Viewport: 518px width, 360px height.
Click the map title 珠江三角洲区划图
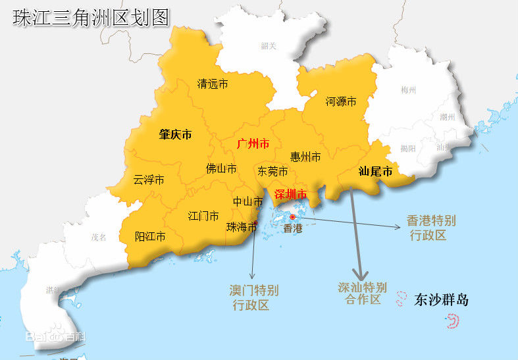pos(91,18)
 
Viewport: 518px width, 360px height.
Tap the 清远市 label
pos(213,84)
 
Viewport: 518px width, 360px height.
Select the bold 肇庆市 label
pos(175,134)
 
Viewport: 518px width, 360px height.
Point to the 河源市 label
pos(341,102)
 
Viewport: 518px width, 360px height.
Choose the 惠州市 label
pos(305,157)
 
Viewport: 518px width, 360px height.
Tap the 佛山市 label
pos(221,168)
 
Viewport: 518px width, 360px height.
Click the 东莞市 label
pos(272,171)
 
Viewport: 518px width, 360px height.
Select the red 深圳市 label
pos(290,194)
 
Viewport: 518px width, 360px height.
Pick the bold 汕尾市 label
pos(375,172)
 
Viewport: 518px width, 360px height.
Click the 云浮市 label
pos(149,180)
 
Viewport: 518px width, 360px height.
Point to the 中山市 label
pos(248,202)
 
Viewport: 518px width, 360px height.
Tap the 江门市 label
pos(203,216)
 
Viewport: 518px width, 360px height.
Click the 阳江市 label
pos(150,236)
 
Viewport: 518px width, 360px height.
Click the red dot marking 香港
pos(292,217)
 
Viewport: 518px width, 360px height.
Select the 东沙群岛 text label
pos(442,300)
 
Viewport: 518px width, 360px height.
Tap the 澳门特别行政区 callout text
pos(254,297)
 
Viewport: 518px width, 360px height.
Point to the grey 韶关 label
pos(269,46)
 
